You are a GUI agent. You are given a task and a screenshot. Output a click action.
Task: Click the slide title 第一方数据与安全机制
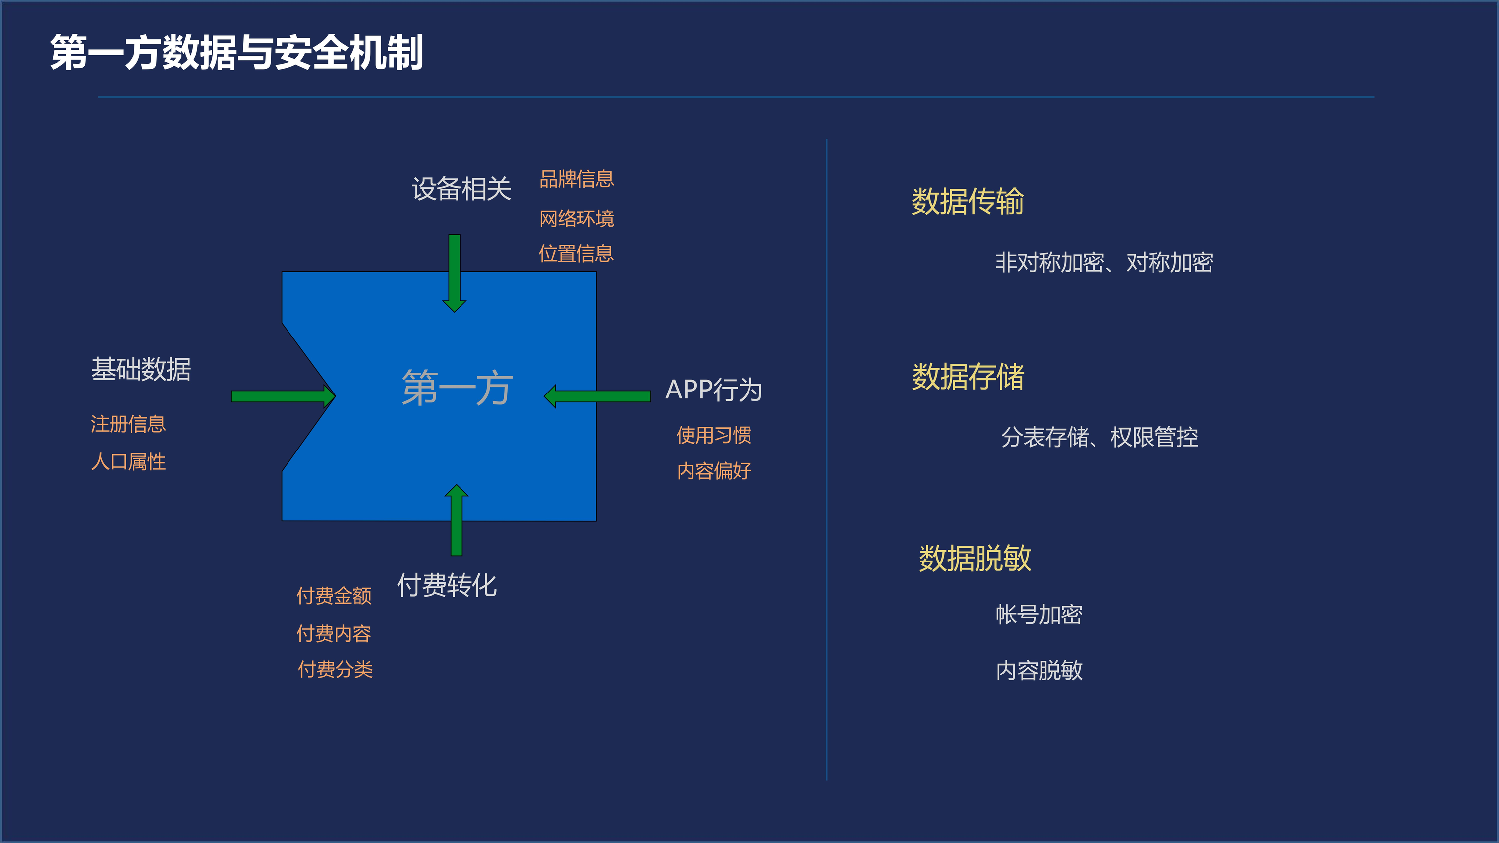pyautogui.click(x=236, y=53)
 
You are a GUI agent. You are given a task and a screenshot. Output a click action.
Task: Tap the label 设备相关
pyautogui.click(x=461, y=189)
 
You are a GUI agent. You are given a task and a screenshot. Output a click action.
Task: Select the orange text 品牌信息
pyautogui.click(x=576, y=179)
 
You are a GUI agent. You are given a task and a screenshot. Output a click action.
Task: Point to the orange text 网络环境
pyautogui.click(x=576, y=219)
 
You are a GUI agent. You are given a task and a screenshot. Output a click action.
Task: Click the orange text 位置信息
pyautogui.click(x=576, y=254)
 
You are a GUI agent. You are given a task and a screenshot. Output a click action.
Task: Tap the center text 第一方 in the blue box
pyautogui.click(x=457, y=388)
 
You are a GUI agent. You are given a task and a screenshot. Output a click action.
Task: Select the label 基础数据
pyautogui.click(x=141, y=369)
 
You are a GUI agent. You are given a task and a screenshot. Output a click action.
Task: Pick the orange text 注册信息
pyautogui.click(x=128, y=424)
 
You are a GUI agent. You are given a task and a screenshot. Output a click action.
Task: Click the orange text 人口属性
pyautogui.click(x=128, y=462)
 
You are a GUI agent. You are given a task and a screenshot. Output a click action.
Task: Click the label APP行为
pyautogui.click(x=713, y=390)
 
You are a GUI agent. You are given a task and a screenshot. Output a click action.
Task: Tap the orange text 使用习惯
pyautogui.click(x=713, y=435)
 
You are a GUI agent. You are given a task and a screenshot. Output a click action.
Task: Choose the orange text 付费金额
pyautogui.click(x=334, y=596)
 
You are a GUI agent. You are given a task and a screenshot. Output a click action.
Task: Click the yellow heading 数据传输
pyautogui.click(x=967, y=202)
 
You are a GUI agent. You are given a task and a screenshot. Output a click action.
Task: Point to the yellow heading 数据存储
pyautogui.click(x=968, y=377)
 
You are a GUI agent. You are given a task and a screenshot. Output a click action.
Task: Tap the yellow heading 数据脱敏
pyautogui.click(x=975, y=559)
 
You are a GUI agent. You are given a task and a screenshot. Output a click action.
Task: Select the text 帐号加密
pyautogui.click(x=1038, y=615)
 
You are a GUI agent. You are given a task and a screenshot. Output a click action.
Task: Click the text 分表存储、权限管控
pyautogui.click(x=1099, y=438)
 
